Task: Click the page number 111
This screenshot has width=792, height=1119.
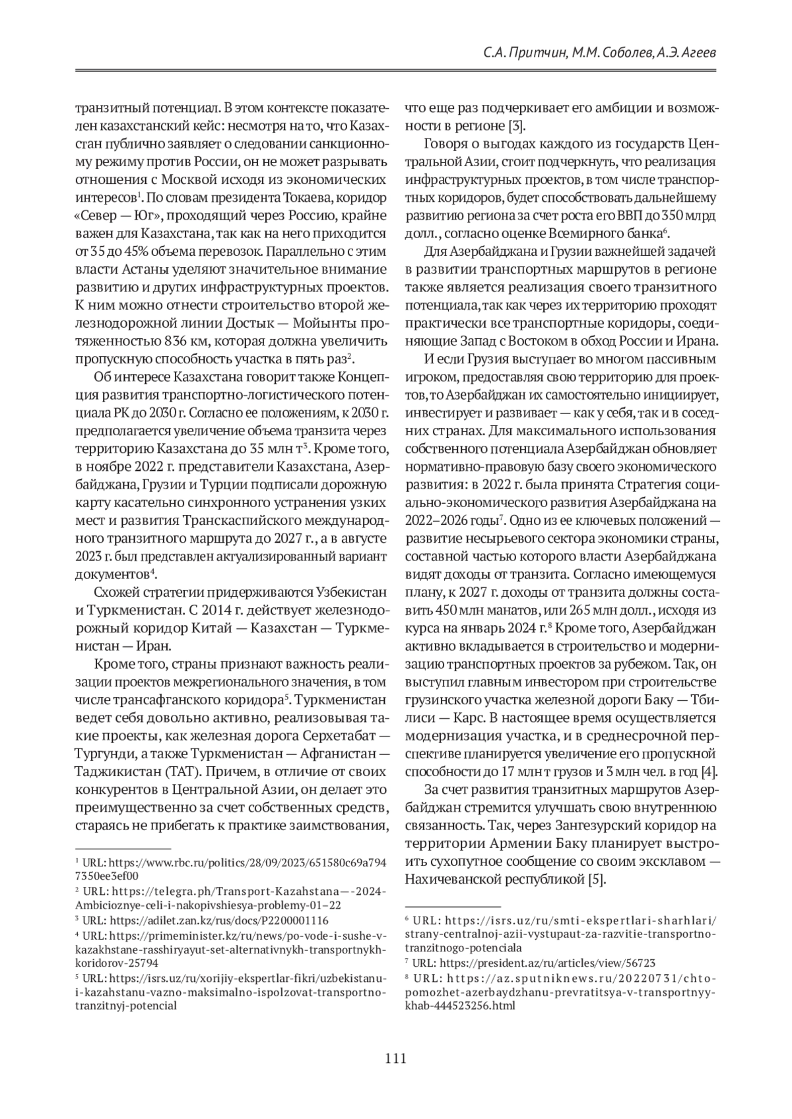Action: click(x=395, y=1059)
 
